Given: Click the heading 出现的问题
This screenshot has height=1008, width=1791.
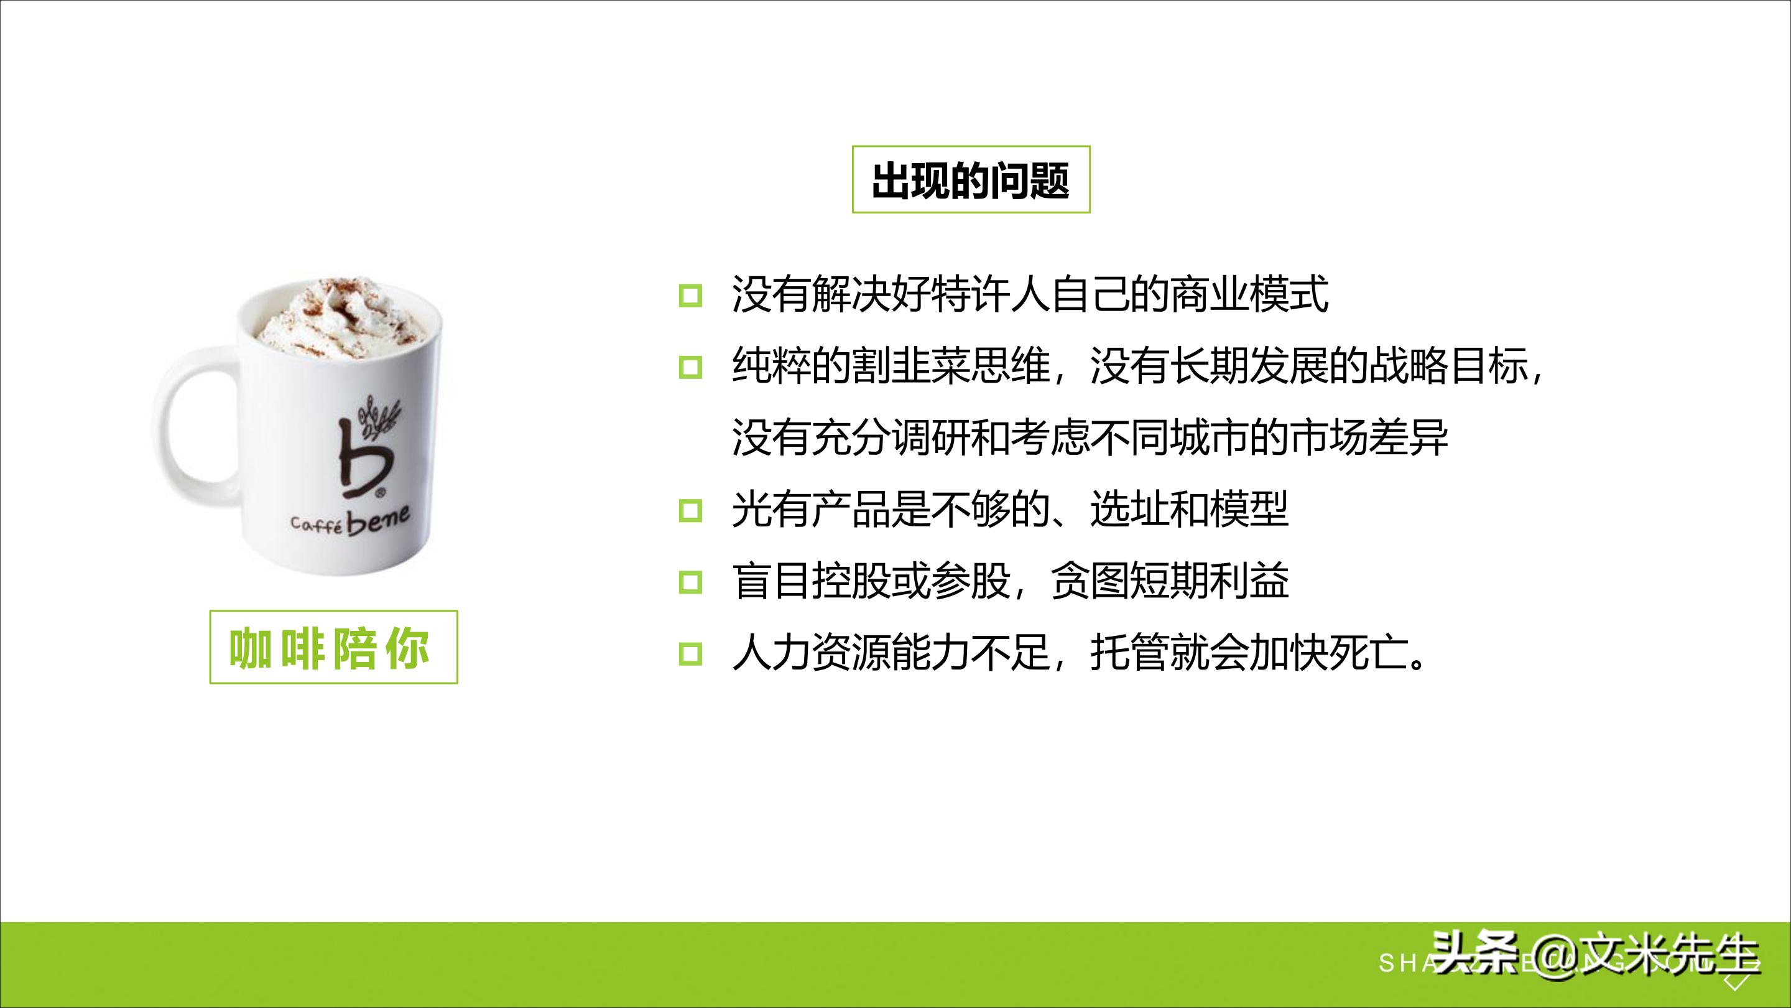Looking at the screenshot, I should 971,180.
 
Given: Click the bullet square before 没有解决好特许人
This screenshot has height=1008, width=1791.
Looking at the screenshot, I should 690,296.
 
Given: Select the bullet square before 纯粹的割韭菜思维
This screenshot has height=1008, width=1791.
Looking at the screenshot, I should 690,366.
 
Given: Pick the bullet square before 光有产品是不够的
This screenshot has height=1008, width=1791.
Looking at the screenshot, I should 690,511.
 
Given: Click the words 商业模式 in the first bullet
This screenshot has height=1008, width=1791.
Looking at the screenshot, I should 1249,294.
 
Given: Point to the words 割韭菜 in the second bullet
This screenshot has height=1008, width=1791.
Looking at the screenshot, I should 912,366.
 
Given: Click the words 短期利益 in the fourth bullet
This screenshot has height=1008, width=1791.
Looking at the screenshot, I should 1210,581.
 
